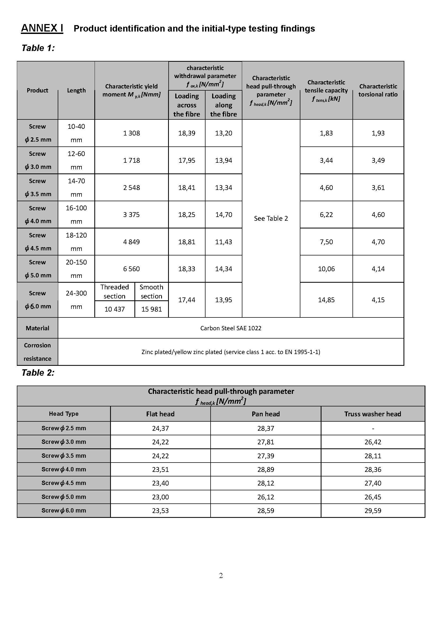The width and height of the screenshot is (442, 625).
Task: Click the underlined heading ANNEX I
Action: coord(42,28)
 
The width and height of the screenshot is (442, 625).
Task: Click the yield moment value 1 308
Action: coord(131,133)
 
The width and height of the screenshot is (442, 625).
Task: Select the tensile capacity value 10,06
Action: coord(326,269)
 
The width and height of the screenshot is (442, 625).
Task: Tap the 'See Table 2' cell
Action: coord(271,218)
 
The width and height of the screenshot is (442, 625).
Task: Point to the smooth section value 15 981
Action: coord(152,309)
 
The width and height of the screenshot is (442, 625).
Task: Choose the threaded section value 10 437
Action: coord(115,309)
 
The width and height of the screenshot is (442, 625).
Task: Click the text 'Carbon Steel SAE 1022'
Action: coord(231,328)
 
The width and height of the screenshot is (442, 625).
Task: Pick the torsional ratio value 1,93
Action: coord(378,133)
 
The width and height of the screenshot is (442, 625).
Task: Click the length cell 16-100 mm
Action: coord(76,215)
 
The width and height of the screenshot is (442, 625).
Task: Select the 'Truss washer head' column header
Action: coord(373,414)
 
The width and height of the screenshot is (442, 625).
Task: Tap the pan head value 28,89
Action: coord(266,469)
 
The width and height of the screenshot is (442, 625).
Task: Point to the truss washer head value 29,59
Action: coord(373,511)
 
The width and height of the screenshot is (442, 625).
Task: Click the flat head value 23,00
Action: coord(160,497)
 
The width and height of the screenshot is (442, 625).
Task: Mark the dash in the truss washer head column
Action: coord(373,429)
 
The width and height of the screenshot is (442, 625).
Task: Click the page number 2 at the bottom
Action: coord(221,576)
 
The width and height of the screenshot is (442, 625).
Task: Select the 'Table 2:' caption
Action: coord(38,373)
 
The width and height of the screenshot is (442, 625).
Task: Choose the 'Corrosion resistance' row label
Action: coord(37,352)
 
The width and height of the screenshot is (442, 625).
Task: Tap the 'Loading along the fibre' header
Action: coord(223,105)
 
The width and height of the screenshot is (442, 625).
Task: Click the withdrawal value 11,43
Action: coord(223,242)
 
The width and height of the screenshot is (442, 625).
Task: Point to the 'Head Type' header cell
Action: coord(64,414)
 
